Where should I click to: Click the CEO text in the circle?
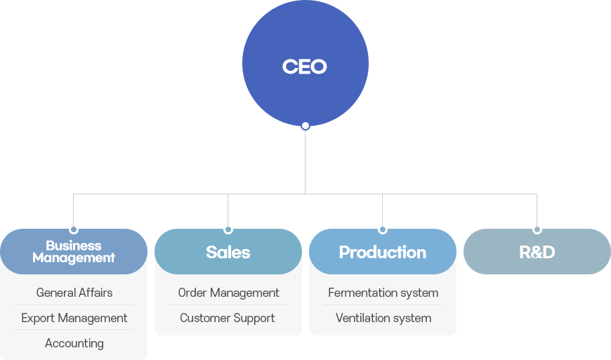point(304,67)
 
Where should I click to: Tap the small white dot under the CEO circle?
point(305,126)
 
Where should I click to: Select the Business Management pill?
point(74,251)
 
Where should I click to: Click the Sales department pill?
point(228,251)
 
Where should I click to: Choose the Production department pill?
point(383,251)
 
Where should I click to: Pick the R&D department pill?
point(537,251)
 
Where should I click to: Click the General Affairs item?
point(74,293)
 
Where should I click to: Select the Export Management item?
point(74,319)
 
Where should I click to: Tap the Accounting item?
point(74,343)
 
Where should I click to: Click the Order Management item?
point(229,293)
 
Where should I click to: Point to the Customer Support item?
point(228,319)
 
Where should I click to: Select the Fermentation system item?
point(383,293)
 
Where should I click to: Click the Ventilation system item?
point(383,319)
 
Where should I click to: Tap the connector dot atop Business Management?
point(74,229)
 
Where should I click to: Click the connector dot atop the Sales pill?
point(228,229)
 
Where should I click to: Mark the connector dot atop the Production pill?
point(383,229)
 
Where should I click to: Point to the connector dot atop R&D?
point(537,229)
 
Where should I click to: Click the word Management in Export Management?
point(93,319)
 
